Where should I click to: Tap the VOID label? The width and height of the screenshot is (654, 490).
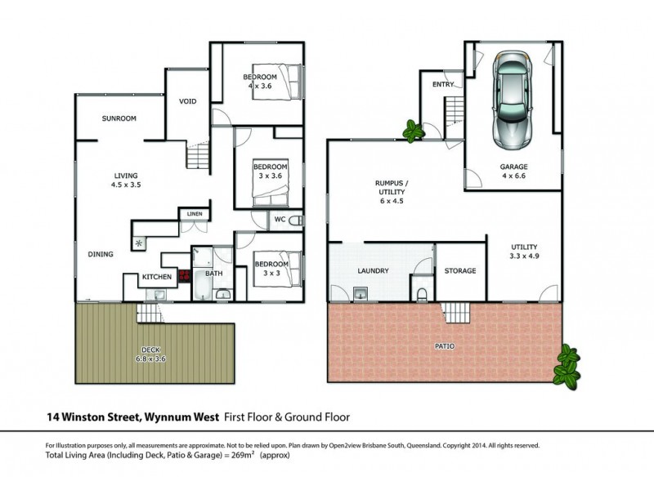click(188, 101)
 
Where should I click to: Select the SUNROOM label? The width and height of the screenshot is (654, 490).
click(119, 118)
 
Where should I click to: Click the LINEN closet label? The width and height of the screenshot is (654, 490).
click(195, 214)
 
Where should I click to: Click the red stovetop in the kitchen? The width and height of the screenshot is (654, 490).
click(184, 275)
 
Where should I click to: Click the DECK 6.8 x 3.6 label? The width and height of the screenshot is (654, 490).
click(150, 354)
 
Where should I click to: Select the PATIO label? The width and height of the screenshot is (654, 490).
click(445, 346)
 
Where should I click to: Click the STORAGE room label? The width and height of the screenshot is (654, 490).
click(460, 271)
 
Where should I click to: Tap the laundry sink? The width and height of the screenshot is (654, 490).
click(361, 293)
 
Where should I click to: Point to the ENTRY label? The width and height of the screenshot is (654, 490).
click(443, 84)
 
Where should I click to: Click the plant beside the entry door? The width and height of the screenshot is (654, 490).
click(413, 131)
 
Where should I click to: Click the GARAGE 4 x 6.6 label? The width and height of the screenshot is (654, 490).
click(514, 171)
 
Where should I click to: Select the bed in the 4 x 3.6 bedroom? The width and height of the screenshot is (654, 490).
click(276, 82)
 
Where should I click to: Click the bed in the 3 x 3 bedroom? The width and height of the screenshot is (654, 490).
click(276, 269)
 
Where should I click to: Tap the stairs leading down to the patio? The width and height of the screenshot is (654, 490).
click(455, 312)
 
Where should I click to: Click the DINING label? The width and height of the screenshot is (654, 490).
click(101, 254)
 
